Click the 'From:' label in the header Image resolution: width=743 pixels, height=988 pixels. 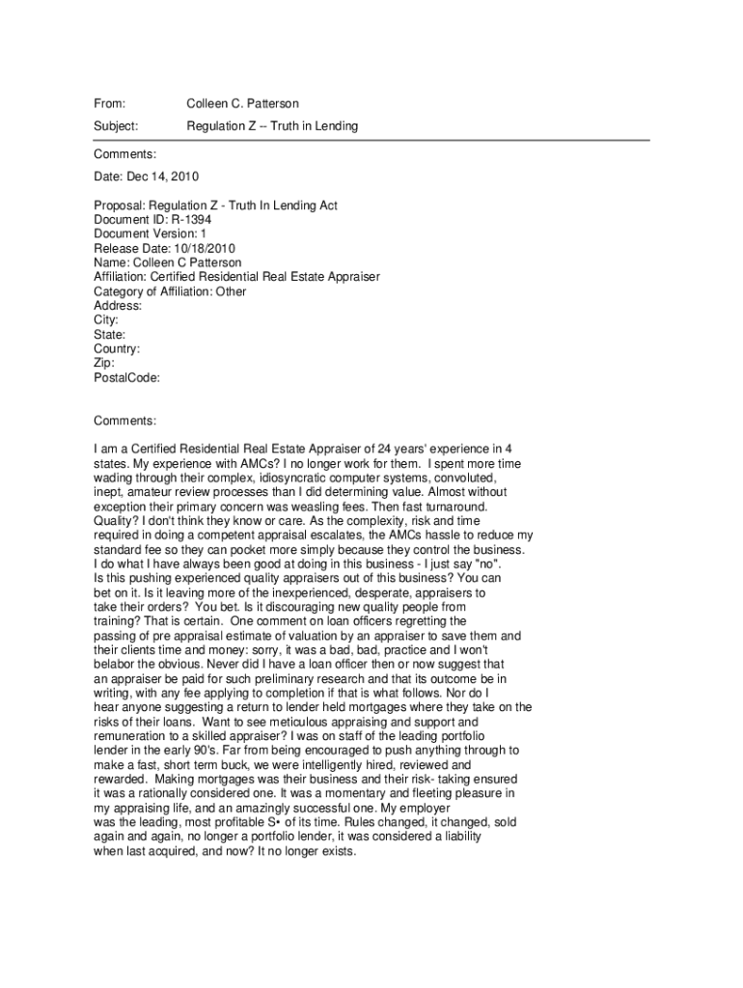point(110,103)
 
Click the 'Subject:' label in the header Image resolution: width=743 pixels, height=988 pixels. point(116,126)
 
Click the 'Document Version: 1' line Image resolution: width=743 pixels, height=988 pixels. point(150,234)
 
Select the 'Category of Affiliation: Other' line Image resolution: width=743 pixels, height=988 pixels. point(170,291)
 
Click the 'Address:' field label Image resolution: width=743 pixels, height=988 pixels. point(118,306)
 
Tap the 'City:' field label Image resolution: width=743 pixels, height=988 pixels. point(105,320)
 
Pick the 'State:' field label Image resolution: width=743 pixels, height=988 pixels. point(109,335)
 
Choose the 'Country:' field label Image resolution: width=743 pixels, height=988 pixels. point(117,349)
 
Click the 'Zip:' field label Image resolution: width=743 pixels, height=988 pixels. point(104,364)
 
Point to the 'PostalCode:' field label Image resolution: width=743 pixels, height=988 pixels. point(126,378)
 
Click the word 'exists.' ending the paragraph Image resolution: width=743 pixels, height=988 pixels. point(337,852)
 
